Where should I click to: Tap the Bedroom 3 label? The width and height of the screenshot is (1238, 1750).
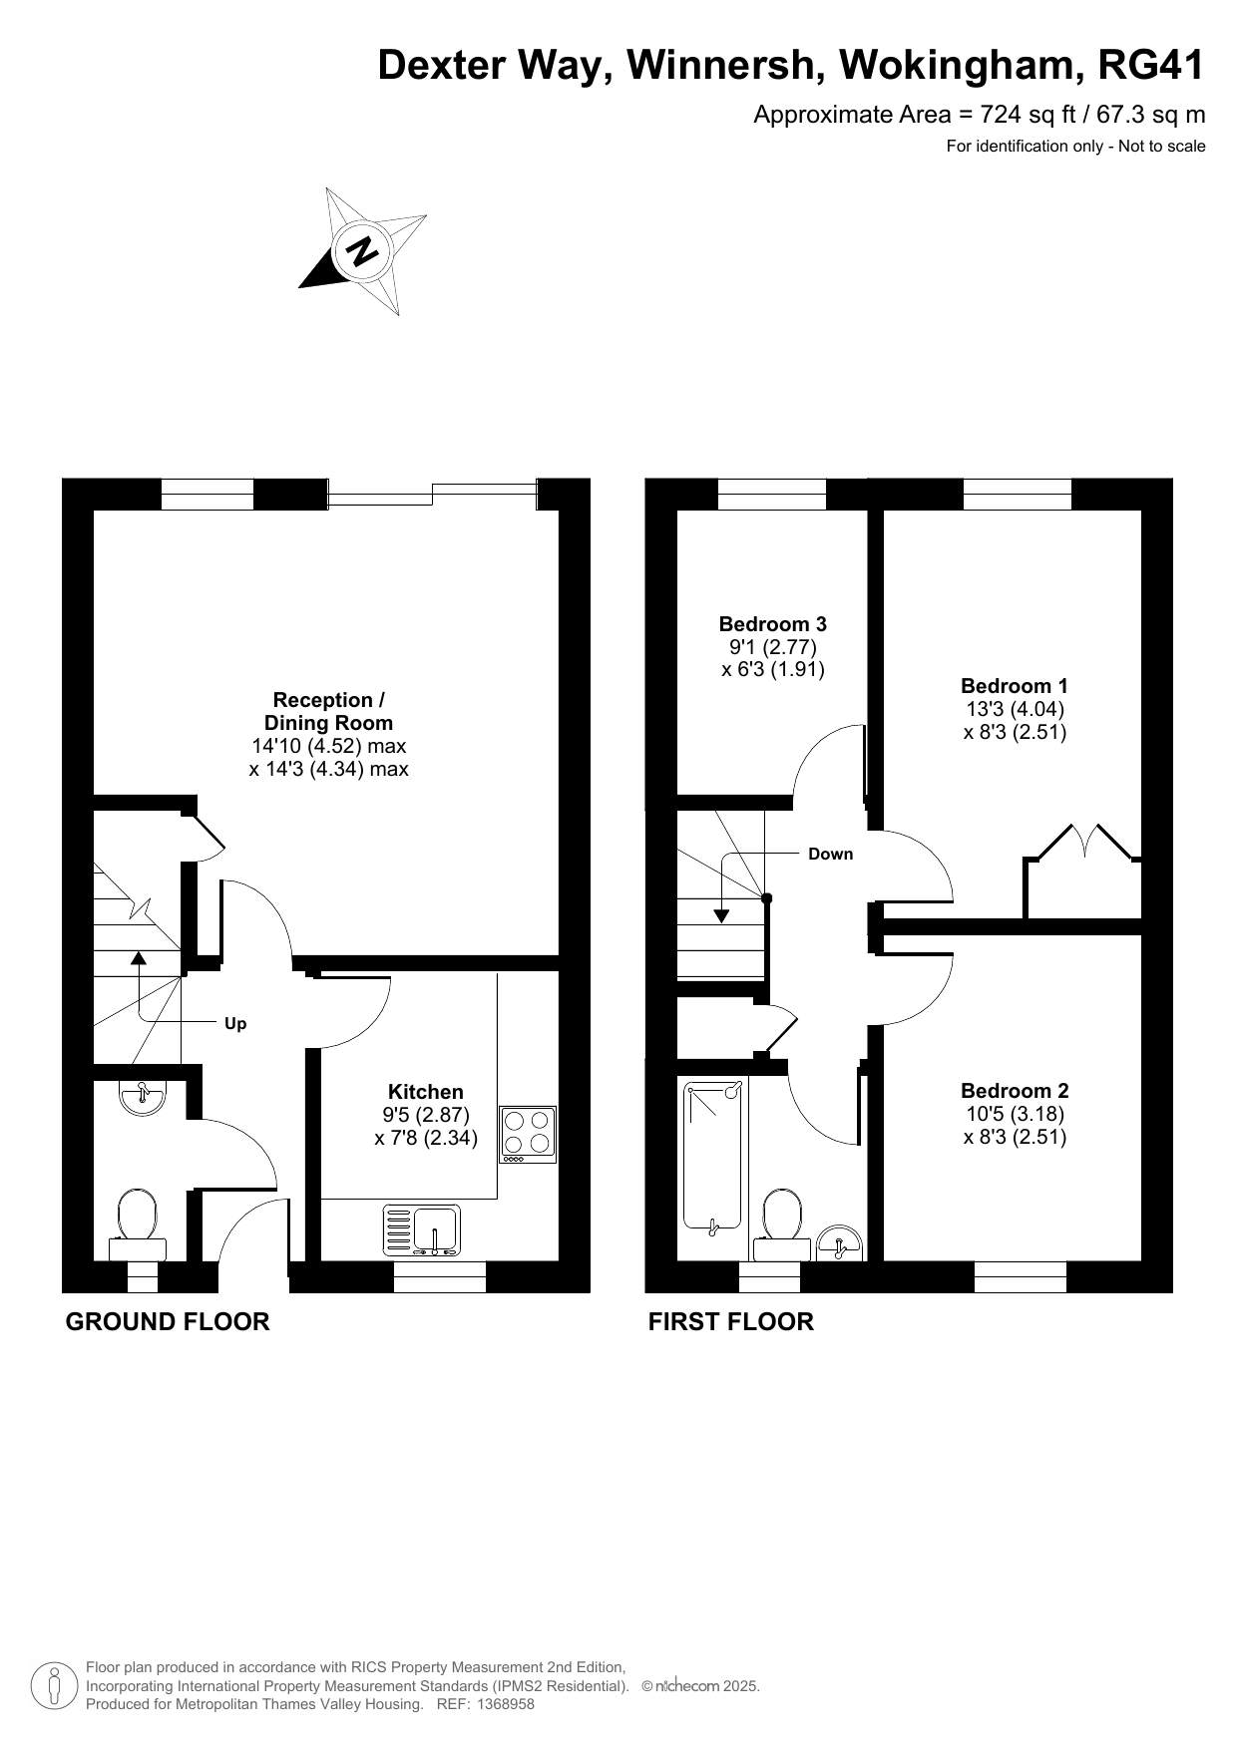773,624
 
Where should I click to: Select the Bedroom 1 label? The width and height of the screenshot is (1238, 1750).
1015,686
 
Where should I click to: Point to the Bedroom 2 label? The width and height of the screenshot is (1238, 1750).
1015,1091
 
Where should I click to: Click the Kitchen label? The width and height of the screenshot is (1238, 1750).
426,1092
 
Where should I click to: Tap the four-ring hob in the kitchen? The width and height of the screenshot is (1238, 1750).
528,1135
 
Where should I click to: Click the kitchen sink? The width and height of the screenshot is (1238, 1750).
422,1230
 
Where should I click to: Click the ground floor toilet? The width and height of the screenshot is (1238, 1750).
138,1225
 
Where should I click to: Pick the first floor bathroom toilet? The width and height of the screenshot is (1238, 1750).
782,1225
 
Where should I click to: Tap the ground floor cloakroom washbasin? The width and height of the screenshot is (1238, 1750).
143,1098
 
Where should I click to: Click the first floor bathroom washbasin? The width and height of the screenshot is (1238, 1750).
839,1243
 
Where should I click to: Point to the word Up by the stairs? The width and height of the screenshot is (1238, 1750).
235,1024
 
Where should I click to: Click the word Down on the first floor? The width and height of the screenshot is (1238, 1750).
831,854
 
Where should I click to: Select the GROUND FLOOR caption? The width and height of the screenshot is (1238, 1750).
168,1322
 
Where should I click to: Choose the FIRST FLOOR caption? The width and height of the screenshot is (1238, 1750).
731,1322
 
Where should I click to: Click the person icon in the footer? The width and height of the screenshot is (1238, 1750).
55,1686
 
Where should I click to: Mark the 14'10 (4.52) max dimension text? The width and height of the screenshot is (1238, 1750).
328,746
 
